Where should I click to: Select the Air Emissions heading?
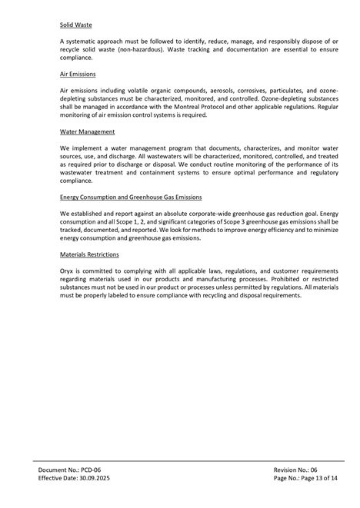click(78, 75)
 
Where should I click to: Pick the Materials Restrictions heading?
click(89, 254)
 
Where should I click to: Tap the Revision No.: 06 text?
click(295, 468)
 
